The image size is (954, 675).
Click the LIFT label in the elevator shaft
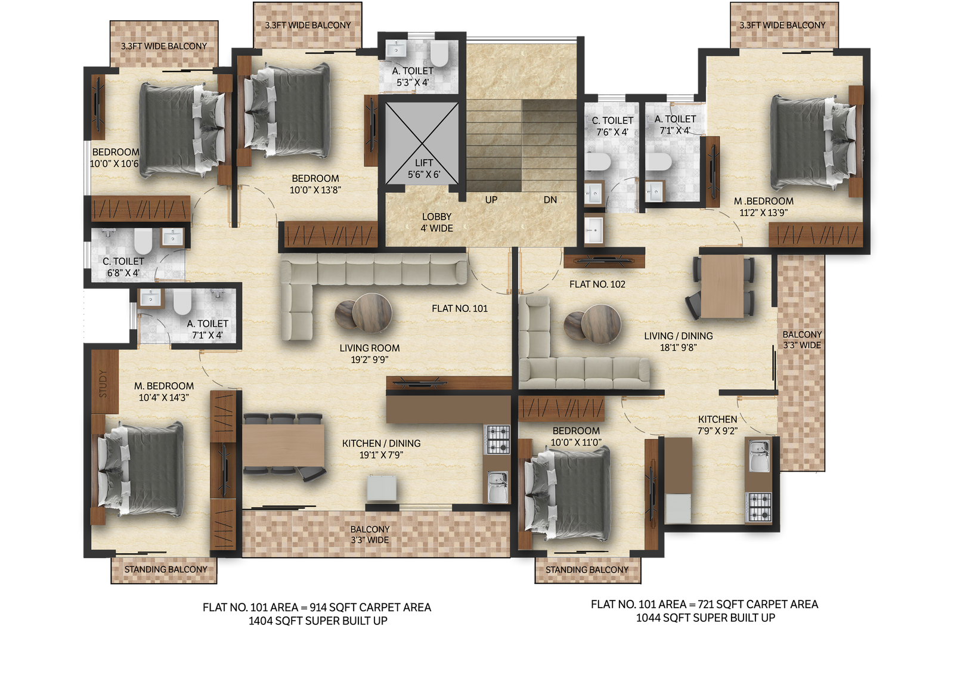(x=424, y=163)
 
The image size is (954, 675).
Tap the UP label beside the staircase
(x=491, y=200)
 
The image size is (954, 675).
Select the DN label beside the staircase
(x=550, y=200)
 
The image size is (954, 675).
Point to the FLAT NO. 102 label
(x=597, y=284)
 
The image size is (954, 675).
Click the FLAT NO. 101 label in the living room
(x=460, y=308)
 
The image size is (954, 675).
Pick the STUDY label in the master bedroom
(x=103, y=383)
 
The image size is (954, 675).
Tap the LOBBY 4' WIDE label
(x=436, y=222)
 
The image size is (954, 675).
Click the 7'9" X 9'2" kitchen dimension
(x=717, y=431)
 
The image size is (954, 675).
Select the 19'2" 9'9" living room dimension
(x=369, y=360)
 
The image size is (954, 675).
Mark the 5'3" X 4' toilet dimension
(x=413, y=83)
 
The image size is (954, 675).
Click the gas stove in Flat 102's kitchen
(x=759, y=507)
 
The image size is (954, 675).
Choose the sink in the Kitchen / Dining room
(x=497, y=488)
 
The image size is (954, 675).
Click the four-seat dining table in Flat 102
(x=722, y=286)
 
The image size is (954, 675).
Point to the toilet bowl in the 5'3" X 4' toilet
(x=439, y=54)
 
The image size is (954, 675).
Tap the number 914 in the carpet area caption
(x=318, y=607)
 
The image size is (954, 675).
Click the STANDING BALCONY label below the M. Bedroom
(x=166, y=569)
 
